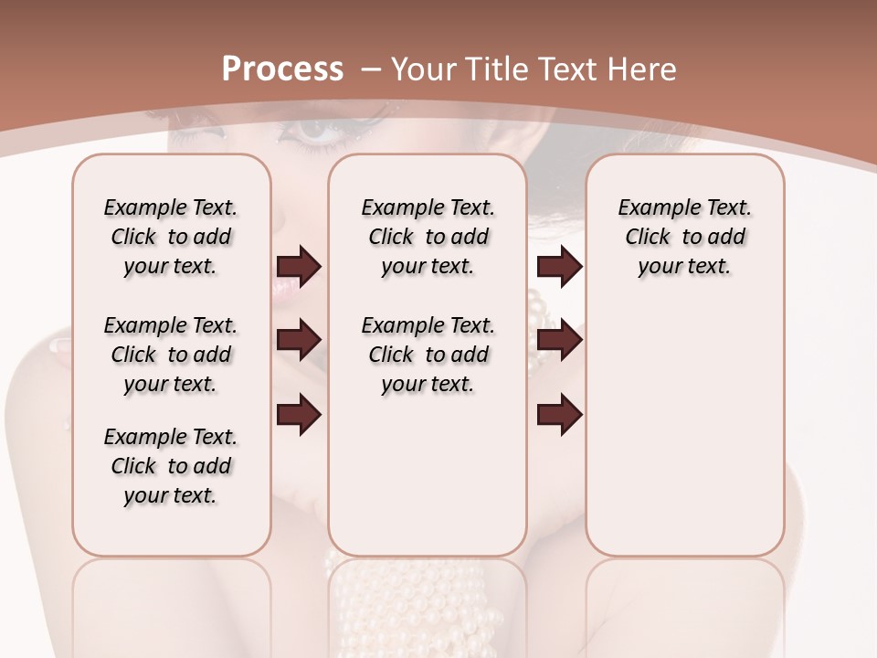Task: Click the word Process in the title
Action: point(282,69)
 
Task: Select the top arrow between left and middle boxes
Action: point(299,266)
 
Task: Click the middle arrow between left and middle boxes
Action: point(299,340)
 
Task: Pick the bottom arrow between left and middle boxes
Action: point(299,414)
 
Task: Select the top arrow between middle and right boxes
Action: point(559,266)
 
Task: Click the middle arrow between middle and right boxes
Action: point(559,340)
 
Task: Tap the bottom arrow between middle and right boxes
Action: point(559,414)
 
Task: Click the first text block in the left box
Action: point(171,237)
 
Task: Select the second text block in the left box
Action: point(171,355)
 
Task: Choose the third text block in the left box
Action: point(171,466)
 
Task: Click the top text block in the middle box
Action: point(428,237)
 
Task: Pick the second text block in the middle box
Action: point(428,355)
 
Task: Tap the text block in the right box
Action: point(684,237)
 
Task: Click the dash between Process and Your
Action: point(371,69)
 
